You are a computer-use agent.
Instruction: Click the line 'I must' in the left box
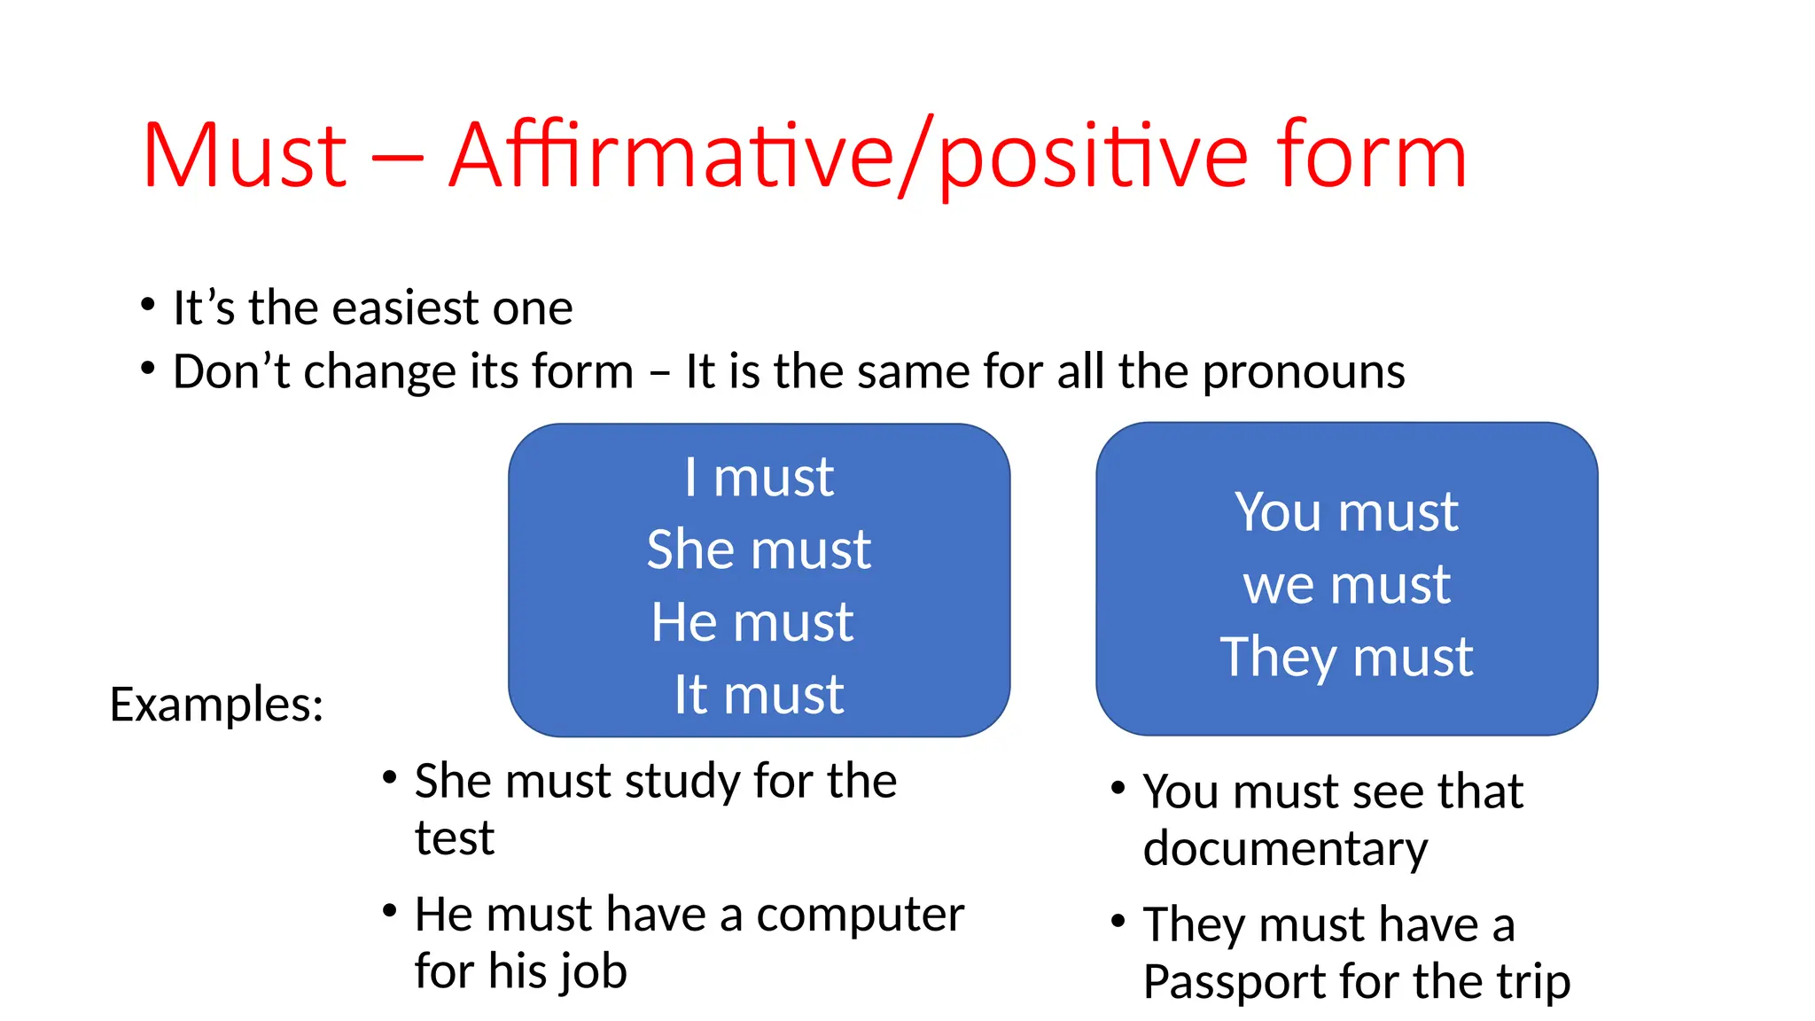point(759,478)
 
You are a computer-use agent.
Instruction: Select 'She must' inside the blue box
point(759,549)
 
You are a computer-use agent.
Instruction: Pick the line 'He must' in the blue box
point(752,622)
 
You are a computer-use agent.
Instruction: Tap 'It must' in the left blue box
point(759,694)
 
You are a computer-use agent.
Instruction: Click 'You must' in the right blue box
point(1346,512)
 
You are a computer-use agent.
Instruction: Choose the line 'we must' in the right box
point(1346,585)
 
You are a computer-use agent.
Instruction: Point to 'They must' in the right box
point(1346,658)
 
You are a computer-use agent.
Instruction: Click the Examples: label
point(217,705)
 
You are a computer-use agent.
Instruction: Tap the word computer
point(860,915)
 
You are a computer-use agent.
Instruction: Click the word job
point(593,971)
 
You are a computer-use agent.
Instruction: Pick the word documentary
point(1285,849)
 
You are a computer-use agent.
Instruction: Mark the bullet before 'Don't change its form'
point(148,368)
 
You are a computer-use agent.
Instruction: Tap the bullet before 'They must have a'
point(1118,921)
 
